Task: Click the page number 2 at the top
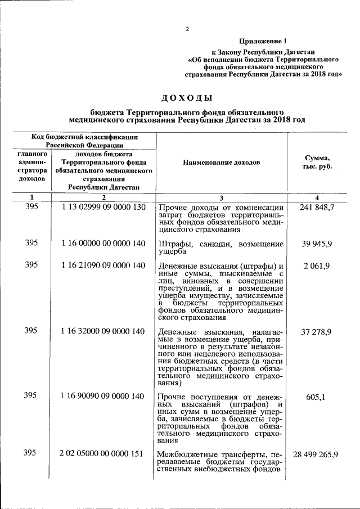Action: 187,29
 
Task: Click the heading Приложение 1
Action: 263,41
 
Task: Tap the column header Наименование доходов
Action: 222,162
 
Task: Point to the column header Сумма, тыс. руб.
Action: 317,162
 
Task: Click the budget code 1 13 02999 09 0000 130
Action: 103,208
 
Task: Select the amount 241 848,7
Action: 317,208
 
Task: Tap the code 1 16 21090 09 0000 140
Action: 103,265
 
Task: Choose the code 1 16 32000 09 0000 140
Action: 103,331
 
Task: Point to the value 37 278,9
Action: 316,332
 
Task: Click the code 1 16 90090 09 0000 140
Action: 103,397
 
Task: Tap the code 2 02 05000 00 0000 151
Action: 103,454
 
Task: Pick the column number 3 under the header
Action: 221,197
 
